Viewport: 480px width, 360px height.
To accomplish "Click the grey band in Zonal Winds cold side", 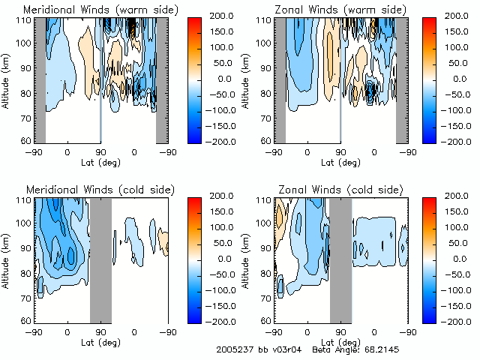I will pos(340,259).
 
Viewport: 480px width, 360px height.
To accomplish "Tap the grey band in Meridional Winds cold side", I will pos(100,259).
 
